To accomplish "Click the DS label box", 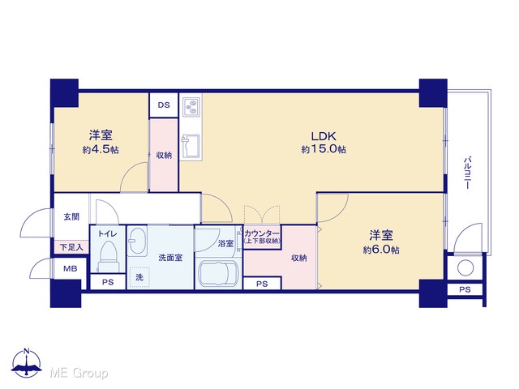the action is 164,105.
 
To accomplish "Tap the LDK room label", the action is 324,136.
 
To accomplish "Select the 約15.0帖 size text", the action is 324,149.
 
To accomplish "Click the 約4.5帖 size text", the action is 101,149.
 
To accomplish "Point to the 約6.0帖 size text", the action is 381,250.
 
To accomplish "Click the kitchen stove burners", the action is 191,106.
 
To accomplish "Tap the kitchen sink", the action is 191,146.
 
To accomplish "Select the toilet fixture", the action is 108,256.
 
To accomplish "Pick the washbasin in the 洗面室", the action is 137,241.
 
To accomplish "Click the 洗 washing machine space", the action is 139,277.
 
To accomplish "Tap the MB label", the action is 71,268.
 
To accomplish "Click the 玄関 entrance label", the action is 71,217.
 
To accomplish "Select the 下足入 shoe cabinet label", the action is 71,246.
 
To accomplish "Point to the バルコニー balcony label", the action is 467,173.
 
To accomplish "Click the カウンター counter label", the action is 262,233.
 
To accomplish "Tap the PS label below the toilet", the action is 108,282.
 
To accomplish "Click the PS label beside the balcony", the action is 465,289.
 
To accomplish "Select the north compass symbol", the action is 27,363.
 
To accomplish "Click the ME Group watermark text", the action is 79,373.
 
